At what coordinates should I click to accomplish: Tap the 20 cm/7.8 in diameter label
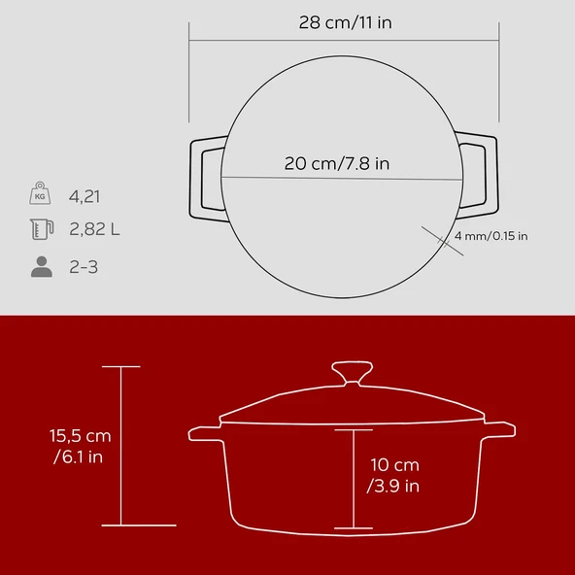point(337,163)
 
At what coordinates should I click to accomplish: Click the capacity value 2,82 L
point(94,230)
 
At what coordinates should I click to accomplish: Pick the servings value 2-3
point(84,266)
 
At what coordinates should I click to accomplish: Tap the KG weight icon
point(41,194)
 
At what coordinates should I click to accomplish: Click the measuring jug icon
point(41,230)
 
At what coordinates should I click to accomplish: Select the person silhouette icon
point(41,266)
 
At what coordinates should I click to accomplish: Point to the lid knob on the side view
point(352,373)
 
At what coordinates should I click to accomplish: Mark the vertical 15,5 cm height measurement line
point(121,446)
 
